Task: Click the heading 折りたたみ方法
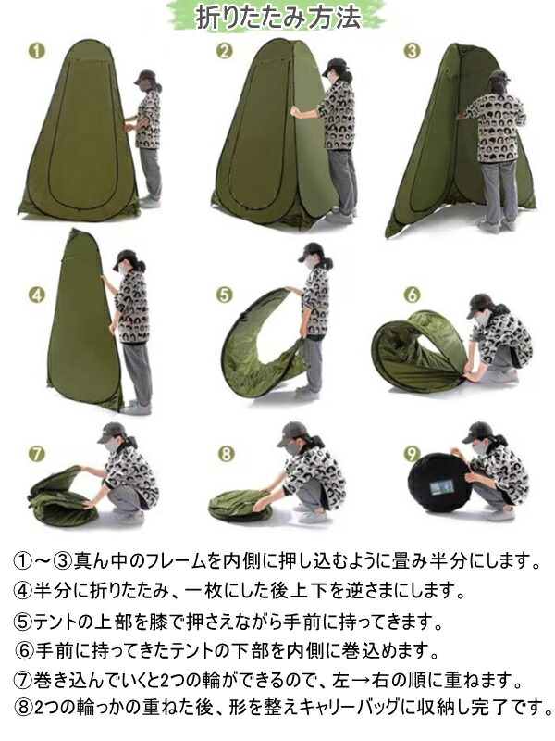277,18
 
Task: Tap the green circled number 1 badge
37,51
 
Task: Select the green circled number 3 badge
412,51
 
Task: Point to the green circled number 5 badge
224,295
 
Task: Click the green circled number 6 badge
412,295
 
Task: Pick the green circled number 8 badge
226,454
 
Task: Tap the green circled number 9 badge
412,454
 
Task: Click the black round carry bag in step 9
439,483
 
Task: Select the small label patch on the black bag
442,487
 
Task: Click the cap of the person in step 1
145,77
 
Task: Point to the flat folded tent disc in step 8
240,506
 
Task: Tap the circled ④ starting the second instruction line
23,590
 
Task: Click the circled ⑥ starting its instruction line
25,651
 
